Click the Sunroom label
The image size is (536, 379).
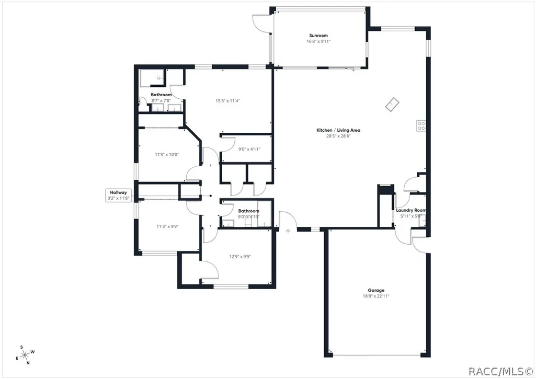(x=318, y=36)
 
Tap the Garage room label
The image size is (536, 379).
(x=376, y=291)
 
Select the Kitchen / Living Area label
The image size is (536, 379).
(x=338, y=130)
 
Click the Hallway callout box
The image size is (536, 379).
(x=118, y=195)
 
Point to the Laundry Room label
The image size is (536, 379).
(x=411, y=210)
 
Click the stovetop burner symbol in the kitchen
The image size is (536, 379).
(x=421, y=126)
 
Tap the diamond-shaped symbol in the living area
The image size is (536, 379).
(x=392, y=105)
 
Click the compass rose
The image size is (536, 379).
(x=25, y=355)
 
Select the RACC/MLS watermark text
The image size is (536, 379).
(x=500, y=372)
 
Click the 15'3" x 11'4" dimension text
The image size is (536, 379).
(x=227, y=101)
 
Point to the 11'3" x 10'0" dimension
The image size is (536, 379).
(x=167, y=154)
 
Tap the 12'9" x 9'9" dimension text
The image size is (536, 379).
(x=240, y=257)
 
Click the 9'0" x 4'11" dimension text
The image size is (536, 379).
(x=249, y=149)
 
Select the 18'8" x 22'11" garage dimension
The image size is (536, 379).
(x=376, y=296)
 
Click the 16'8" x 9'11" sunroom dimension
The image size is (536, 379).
(x=318, y=41)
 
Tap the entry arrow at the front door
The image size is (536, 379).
(x=288, y=232)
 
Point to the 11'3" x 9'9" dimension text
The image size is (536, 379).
(x=167, y=226)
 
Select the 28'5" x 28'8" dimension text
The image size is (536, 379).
(x=338, y=136)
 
